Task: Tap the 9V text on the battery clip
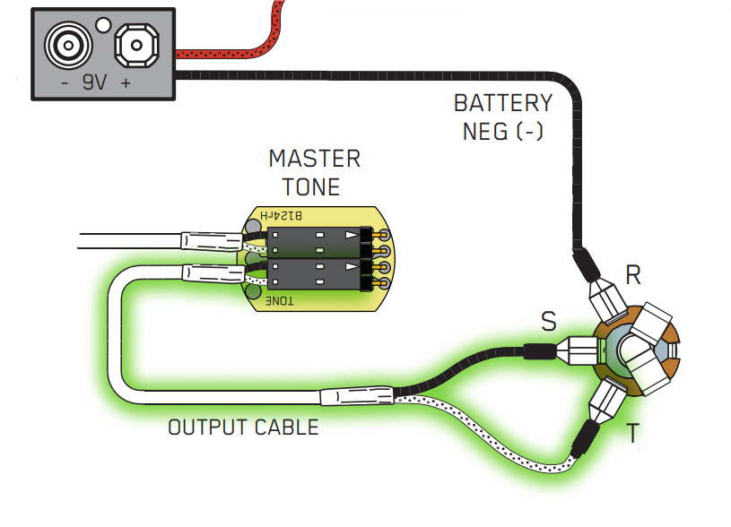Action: click(x=93, y=83)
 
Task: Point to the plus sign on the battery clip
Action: click(x=126, y=83)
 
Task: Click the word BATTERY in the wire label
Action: click(x=502, y=103)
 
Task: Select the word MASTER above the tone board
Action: click(x=314, y=160)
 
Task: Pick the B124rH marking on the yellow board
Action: click(x=281, y=216)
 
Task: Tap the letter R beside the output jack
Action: click(x=633, y=275)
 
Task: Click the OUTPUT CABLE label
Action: click(x=243, y=427)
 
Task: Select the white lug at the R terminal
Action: click(x=606, y=292)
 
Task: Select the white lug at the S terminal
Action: click(x=574, y=351)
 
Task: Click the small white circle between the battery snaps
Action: click(x=103, y=24)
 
